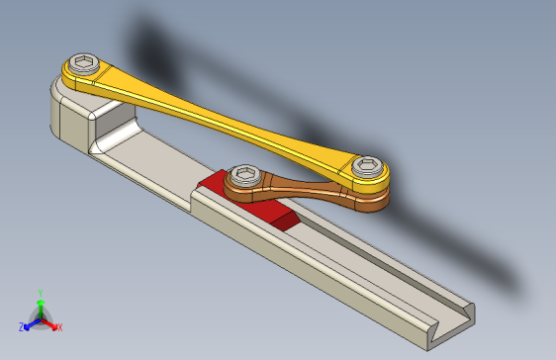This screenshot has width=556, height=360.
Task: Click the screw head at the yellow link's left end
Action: click(x=86, y=66)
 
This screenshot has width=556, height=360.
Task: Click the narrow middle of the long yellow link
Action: click(x=223, y=118)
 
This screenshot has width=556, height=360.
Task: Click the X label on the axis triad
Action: click(x=59, y=326)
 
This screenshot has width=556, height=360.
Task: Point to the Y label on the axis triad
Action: click(x=40, y=293)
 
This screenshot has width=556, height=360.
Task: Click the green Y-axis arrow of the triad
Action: click(x=40, y=307)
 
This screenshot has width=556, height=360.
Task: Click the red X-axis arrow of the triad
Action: click(x=50, y=322)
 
